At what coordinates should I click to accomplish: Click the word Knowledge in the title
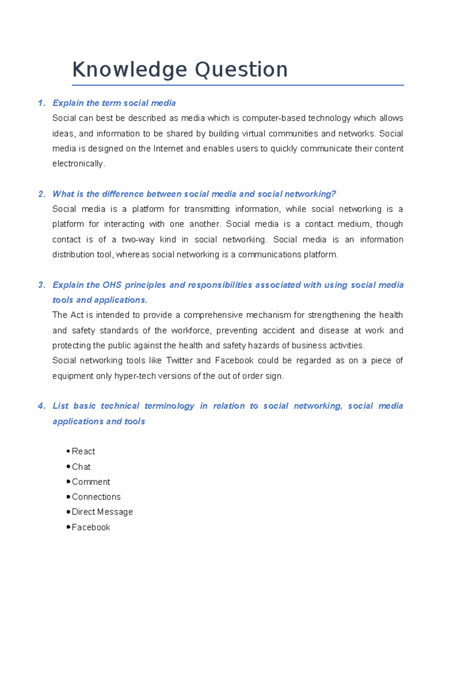(x=129, y=70)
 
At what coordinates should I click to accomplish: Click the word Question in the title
(x=241, y=70)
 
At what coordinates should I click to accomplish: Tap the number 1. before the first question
(x=42, y=103)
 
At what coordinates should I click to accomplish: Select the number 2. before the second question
(x=42, y=194)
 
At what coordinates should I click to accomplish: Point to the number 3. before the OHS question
(x=42, y=285)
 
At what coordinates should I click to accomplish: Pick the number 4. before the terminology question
(x=42, y=406)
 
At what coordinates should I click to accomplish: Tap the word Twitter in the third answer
(x=179, y=360)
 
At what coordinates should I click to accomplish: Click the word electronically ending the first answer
(x=78, y=163)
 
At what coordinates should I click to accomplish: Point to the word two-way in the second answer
(x=138, y=240)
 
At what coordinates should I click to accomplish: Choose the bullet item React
(x=83, y=452)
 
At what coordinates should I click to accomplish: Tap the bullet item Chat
(x=81, y=467)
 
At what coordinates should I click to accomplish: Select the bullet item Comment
(x=91, y=482)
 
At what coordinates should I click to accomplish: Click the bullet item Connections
(x=96, y=497)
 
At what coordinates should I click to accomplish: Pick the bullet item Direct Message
(x=102, y=512)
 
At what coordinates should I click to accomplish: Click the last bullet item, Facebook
(x=91, y=527)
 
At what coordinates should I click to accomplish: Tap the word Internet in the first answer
(x=168, y=149)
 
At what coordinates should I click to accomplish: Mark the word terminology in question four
(x=169, y=406)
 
